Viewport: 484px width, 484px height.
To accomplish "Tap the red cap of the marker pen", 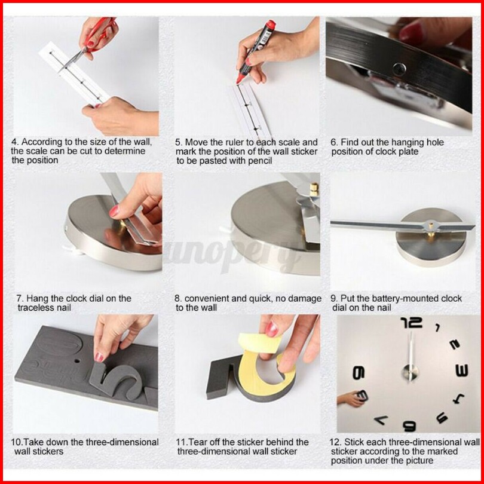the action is [271, 25].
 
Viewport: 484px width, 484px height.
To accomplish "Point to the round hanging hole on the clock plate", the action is [399, 69].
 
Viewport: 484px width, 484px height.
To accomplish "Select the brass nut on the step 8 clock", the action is [314, 189].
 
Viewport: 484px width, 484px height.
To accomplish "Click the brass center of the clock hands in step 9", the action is [430, 228].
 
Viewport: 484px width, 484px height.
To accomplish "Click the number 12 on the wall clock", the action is [412, 323].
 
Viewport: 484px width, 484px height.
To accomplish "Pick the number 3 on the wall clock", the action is [462, 370].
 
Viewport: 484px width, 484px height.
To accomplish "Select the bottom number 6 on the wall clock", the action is [410, 426].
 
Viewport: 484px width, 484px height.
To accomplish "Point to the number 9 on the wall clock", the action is [359, 373].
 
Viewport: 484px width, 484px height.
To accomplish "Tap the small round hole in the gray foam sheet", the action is [77, 361].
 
